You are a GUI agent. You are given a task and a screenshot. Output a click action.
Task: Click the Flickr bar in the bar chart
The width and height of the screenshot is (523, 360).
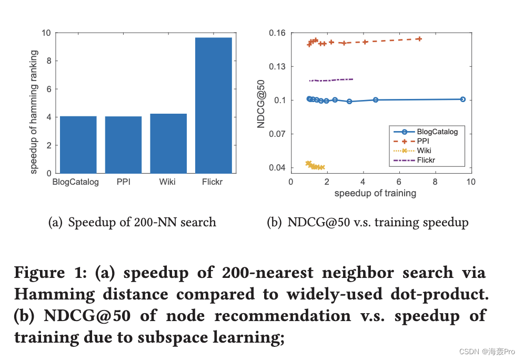213,105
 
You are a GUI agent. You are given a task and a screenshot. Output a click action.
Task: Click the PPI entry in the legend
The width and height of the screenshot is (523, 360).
424,142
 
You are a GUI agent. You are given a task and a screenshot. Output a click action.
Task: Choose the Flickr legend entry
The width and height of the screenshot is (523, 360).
426,160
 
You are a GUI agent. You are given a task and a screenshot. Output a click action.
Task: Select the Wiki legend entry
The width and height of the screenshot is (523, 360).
424,151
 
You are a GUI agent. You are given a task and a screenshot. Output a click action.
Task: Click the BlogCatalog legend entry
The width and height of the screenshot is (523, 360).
437,132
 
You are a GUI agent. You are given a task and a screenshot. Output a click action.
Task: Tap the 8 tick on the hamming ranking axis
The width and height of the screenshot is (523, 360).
47,61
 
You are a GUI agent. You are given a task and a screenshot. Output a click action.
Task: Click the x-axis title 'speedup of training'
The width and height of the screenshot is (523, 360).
375,194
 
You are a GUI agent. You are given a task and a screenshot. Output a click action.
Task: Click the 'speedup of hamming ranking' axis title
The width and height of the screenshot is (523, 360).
34,112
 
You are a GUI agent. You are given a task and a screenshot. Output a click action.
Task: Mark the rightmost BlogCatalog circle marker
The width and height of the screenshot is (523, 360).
462,99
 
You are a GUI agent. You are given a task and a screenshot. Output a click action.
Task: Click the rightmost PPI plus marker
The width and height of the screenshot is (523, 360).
419,39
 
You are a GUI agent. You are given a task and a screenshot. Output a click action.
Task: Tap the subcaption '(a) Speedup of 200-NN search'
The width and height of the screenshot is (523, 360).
132,223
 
